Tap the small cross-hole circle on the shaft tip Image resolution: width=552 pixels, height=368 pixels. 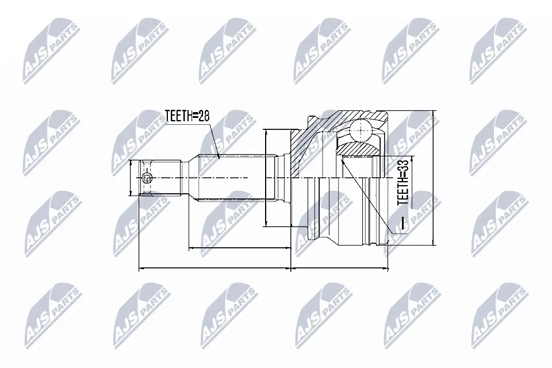coord(147,178)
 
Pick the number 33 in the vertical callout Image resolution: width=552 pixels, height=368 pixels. coord(403,166)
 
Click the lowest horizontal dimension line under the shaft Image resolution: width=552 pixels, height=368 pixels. coord(214,268)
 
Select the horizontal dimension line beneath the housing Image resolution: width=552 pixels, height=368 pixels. coord(340,268)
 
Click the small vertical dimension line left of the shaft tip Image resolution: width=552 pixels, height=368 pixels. coord(132,178)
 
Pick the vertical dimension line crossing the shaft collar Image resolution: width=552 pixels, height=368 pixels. coord(266,178)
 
